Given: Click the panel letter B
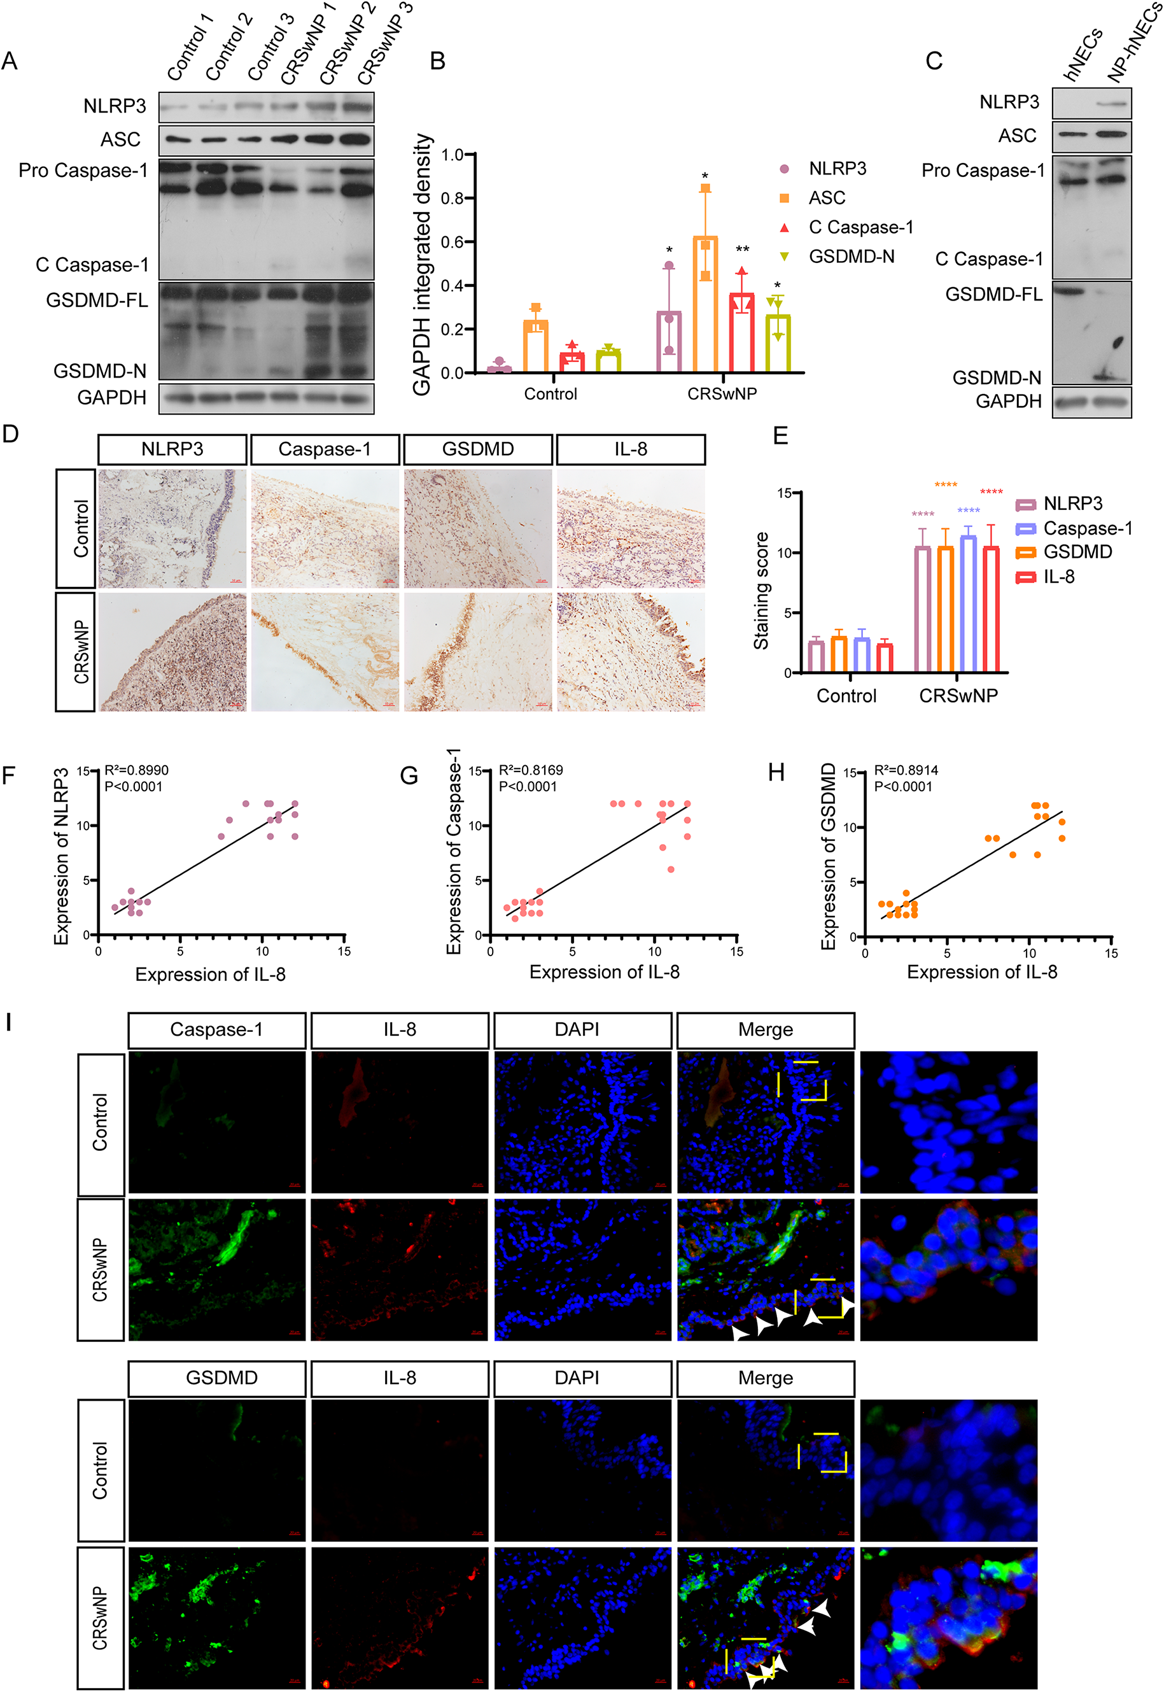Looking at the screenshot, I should click(x=438, y=60).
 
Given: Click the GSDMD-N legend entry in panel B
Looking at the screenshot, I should click(x=850, y=257).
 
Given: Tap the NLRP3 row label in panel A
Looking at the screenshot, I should click(x=115, y=106).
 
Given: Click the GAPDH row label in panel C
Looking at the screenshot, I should click(x=1008, y=401).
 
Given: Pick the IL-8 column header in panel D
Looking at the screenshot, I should click(x=630, y=449).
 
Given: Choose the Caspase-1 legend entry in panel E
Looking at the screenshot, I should click(x=1088, y=528).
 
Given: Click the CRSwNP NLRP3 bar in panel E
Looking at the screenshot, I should click(x=923, y=609).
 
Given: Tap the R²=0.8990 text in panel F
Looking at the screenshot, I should click(x=136, y=770).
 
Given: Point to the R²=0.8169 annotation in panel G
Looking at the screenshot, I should click(x=530, y=770).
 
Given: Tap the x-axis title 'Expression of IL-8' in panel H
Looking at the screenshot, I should click(x=982, y=971).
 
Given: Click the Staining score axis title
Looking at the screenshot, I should click(x=761, y=591).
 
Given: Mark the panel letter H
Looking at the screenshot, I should click(x=776, y=772).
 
